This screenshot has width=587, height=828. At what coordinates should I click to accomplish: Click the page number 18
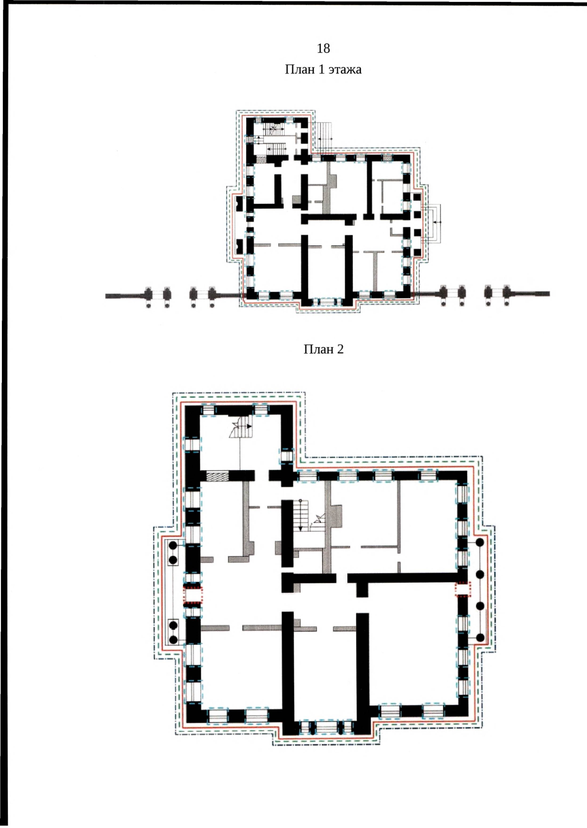(323, 48)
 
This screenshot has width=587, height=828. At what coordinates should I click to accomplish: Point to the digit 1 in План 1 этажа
(321, 69)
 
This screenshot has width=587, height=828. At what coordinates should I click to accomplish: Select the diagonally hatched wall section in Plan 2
(217, 476)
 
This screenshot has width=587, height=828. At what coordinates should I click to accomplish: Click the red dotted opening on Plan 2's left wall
(193, 596)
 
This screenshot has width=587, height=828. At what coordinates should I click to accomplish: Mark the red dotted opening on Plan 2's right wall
(463, 589)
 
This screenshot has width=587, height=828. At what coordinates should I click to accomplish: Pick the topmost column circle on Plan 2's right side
(480, 543)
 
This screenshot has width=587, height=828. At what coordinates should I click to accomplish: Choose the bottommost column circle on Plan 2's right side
(480, 637)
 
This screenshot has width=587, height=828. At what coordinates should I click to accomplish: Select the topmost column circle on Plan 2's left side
(173, 545)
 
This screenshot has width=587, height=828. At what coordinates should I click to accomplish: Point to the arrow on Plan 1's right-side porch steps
(437, 222)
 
